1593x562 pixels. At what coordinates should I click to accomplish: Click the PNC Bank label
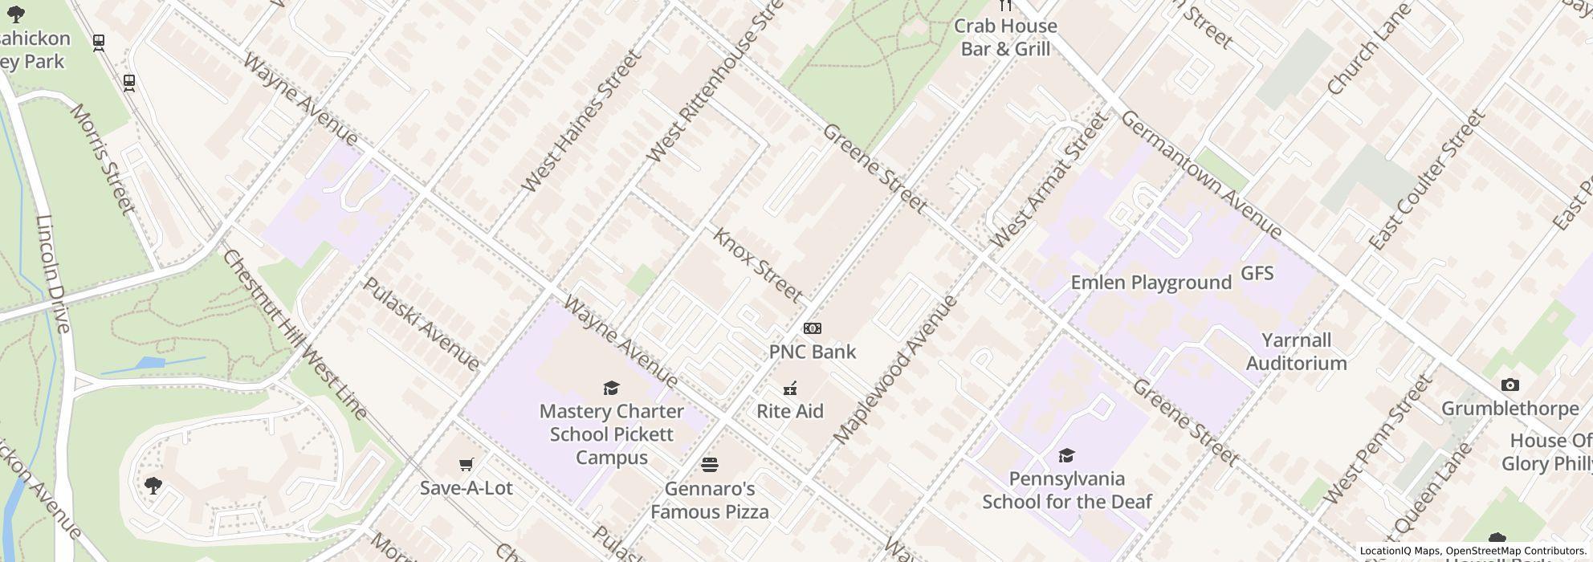click(x=812, y=352)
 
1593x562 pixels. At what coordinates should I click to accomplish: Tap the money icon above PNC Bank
click(x=812, y=328)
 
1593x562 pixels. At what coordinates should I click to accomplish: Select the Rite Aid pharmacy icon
click(x=790, y=389)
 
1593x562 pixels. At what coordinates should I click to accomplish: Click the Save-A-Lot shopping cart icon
click(x=466, y=464)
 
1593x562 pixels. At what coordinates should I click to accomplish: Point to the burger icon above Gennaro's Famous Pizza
click(x=709, y=465)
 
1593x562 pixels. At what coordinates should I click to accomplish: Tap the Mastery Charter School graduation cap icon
click(x=611, y=389)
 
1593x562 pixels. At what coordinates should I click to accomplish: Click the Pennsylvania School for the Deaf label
click(x=1066, y=490)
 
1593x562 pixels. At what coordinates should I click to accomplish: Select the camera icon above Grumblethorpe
click(x=1509, y=385)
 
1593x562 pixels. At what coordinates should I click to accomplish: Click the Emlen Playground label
click(x=1151, y=283)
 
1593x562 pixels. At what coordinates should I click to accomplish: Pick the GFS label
click(x=1257, y=274)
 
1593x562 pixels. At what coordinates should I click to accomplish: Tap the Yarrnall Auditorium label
click(x=1296, y=352)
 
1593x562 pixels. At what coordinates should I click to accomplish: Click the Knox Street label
click(x=757, y=265)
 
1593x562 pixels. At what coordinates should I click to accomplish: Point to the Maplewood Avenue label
click(x=895, y=369)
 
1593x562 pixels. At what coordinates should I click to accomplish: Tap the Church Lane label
click(x=1368, y=50)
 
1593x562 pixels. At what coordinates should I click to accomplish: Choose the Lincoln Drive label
click(x=54, y=273)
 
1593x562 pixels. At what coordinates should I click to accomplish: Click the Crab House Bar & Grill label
click(x=1004, y=37)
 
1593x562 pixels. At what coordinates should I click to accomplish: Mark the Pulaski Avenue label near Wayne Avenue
click(x=422, y=324)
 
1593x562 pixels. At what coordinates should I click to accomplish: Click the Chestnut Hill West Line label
click(x=294, y=335)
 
